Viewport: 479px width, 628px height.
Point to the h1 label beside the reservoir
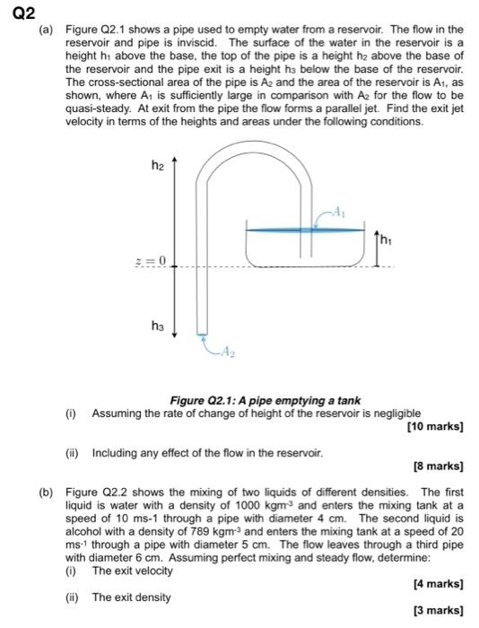tap(386, 240)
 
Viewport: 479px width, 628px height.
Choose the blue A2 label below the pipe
tap(225, 353)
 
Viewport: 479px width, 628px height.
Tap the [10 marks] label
tap(435, 426)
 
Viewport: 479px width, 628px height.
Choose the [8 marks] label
tap(438, 467)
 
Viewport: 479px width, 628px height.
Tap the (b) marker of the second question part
tap(46, 492)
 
